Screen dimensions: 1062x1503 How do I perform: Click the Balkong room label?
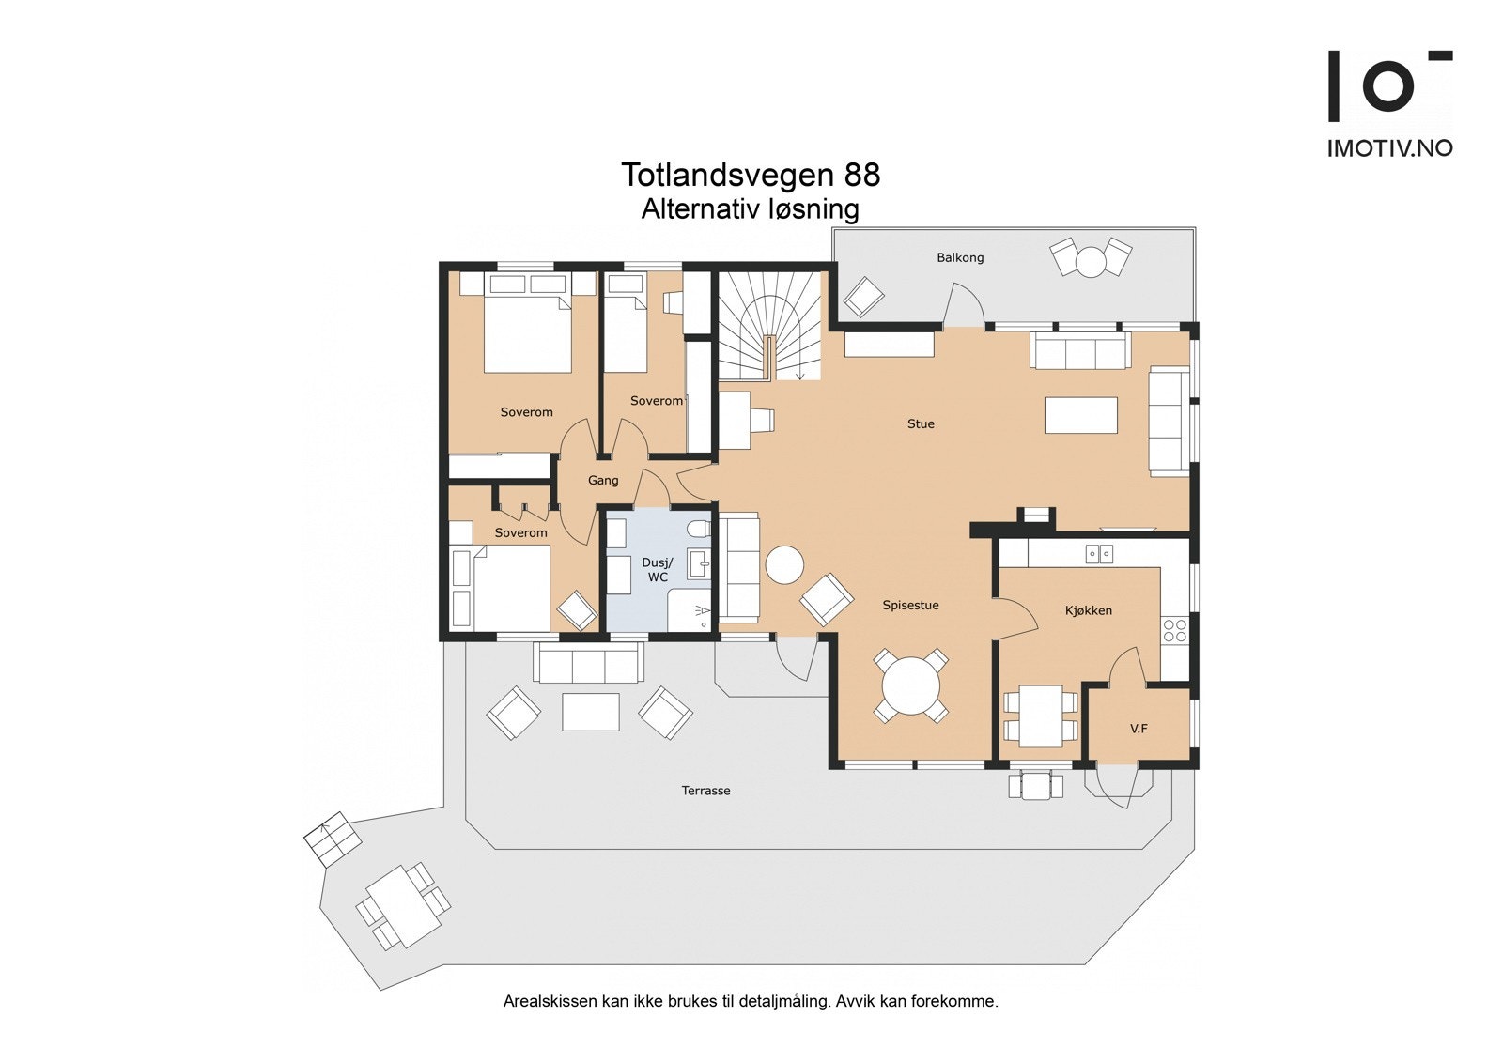960,257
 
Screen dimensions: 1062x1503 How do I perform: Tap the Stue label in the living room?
921,423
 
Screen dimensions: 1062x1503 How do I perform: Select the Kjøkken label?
1089,610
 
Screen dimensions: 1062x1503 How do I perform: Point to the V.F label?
1139,728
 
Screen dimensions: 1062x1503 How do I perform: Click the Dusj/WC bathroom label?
658,570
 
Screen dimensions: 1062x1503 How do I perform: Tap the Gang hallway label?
603,480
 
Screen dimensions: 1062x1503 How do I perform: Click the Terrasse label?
705,791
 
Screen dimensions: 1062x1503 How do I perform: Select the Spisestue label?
910,605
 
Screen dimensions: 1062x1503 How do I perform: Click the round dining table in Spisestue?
910,685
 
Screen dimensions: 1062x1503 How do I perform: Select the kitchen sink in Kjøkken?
1098,554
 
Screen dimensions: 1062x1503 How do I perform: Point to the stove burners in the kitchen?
1174,629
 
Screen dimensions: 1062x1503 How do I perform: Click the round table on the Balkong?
1091,261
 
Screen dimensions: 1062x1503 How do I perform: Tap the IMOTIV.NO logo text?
1389,148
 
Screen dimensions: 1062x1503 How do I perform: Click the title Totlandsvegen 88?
751,175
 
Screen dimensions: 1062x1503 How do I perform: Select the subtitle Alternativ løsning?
751,208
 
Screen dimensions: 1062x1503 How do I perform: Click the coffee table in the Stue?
1081,415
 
